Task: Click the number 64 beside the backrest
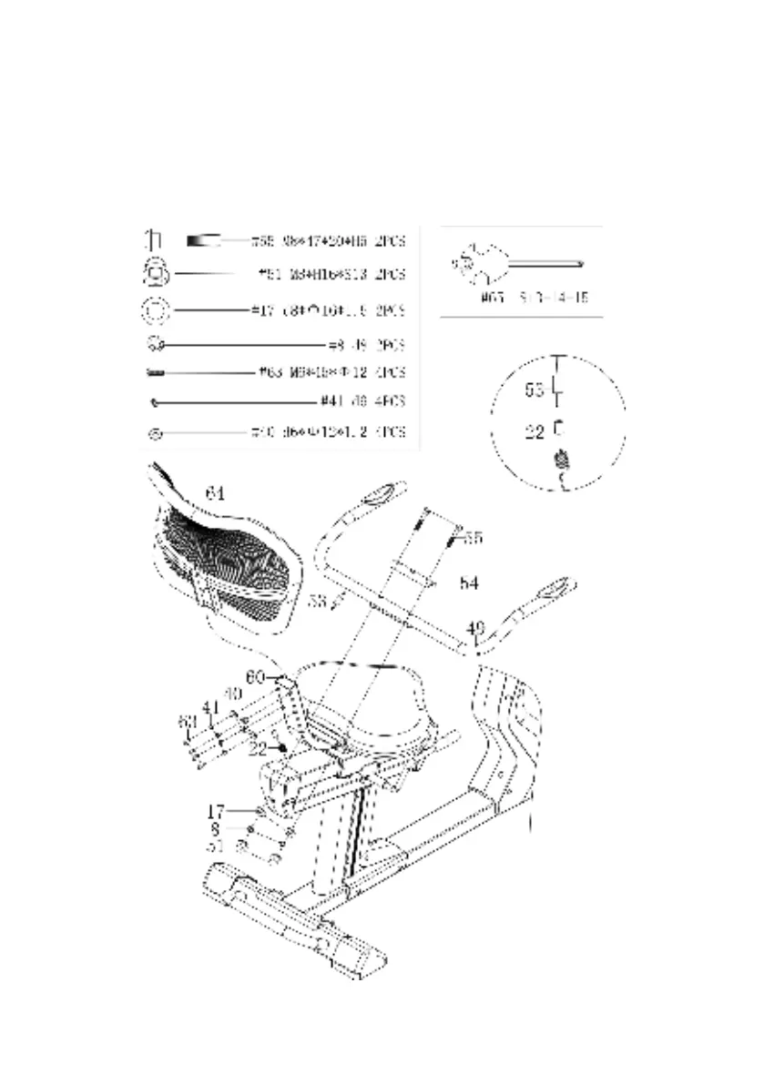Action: (215, 493)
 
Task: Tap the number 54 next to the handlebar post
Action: (469, 583)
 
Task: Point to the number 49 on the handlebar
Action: (475, 627)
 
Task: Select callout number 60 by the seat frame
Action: (256, 677)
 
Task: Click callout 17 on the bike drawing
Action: (216, 809)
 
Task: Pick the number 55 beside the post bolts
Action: (474, 538)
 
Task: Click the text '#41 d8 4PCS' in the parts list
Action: (362, 400)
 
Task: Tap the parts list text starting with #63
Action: (332, 372)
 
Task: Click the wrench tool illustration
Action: (514, 263)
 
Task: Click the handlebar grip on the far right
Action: (553, 588)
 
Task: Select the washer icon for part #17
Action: (156, 310)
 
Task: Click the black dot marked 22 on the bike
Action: (283, 748)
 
